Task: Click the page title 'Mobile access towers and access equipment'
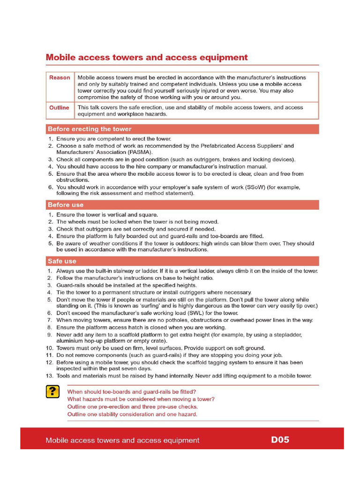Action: [146, 58]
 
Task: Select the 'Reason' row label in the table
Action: [60, 78]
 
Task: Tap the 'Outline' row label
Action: [59, 108]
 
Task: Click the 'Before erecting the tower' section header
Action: [90, 129]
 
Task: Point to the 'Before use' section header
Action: [66, 205]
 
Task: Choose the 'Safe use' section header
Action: [62, 261]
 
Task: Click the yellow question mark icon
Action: [52, 392]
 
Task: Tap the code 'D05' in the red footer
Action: [280, 440]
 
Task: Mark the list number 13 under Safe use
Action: [49, 376]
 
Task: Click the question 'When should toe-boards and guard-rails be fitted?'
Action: [132, 391]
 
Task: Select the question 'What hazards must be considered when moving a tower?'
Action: [141, 399]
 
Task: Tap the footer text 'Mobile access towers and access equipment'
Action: [122, 440]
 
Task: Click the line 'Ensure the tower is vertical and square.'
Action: [107, 215]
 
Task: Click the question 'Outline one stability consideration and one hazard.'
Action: [132, 414]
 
